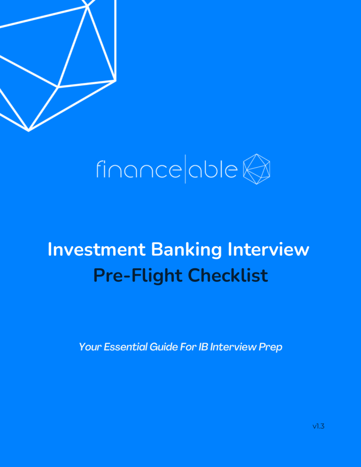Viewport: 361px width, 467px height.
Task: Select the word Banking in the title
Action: point(173,250)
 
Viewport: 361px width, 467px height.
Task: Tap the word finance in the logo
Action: point(134,170)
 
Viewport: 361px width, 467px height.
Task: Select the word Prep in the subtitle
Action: point(272,348)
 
